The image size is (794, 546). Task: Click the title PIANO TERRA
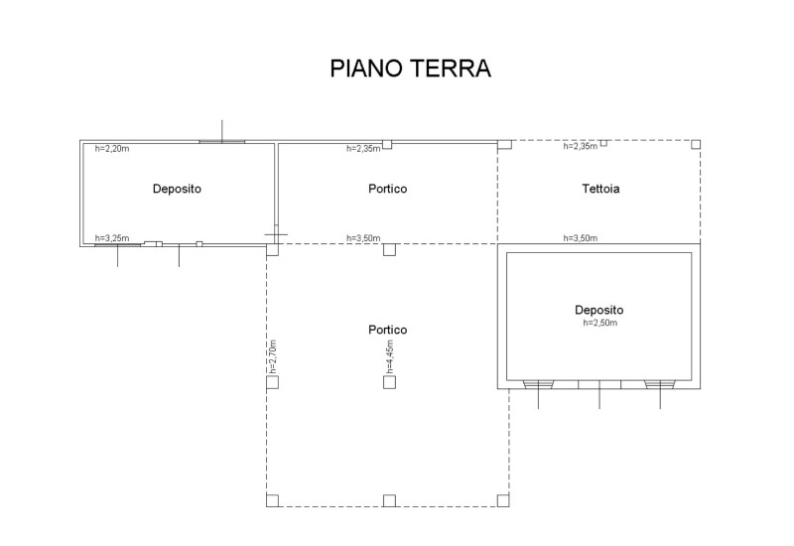pos(410,69)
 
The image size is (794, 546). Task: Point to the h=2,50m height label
pos(599,323)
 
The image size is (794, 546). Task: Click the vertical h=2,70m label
pos(272,356)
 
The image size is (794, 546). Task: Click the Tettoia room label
pos(600,189)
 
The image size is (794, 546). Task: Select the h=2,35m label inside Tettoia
pos(580,147)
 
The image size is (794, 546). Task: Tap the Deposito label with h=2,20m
pos(178,189)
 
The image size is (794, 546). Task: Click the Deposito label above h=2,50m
pos(599,310)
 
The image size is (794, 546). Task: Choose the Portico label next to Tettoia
pos(387,189)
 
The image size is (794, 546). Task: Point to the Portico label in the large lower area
pos(387,330)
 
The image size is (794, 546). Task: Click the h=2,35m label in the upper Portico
pos(362,149)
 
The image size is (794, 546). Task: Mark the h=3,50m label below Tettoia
pos(580,238)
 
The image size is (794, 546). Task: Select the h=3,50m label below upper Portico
pos(362,238)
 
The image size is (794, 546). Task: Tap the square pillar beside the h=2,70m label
pos(272,382)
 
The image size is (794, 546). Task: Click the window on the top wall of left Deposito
pos(221,141)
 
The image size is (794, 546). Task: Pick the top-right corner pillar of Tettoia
pos(695,144)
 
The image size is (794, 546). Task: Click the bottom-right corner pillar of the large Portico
pos(504,499)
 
